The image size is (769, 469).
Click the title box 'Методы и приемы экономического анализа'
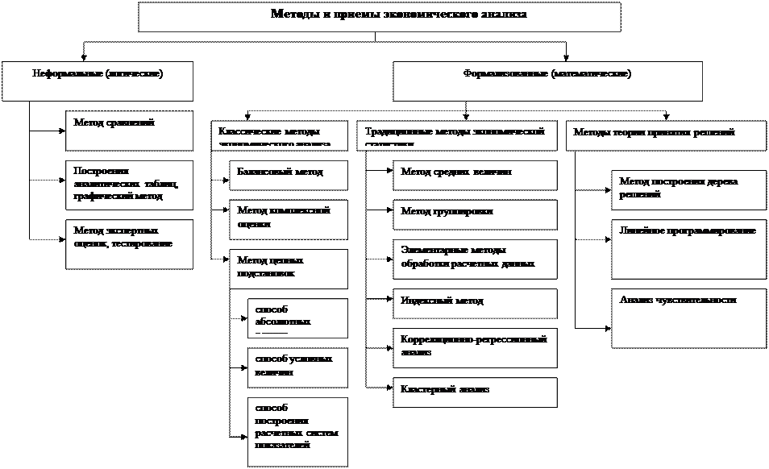coord(379,17)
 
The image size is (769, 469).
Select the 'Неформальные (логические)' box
coord(98,81)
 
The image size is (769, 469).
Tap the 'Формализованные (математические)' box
coord(547,81)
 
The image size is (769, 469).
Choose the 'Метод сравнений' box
coord(129,131)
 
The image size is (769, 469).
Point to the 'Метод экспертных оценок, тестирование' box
coord(129,243)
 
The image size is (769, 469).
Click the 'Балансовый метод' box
coord(288,175)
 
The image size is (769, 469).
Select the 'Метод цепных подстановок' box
coord(288,268)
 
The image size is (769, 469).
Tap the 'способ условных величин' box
coord(297,367)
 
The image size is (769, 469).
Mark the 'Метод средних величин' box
coord(476,175)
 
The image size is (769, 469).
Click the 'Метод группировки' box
coord(476,214)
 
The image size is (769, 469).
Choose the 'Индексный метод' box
coord(476,303)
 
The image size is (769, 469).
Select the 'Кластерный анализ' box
coord(476,392)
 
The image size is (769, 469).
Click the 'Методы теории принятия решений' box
coord(667,135)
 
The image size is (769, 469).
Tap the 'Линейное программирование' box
coord(688,248)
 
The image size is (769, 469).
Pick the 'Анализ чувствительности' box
coord(688,318)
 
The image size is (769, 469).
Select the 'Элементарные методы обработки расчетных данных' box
coord(476,258)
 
